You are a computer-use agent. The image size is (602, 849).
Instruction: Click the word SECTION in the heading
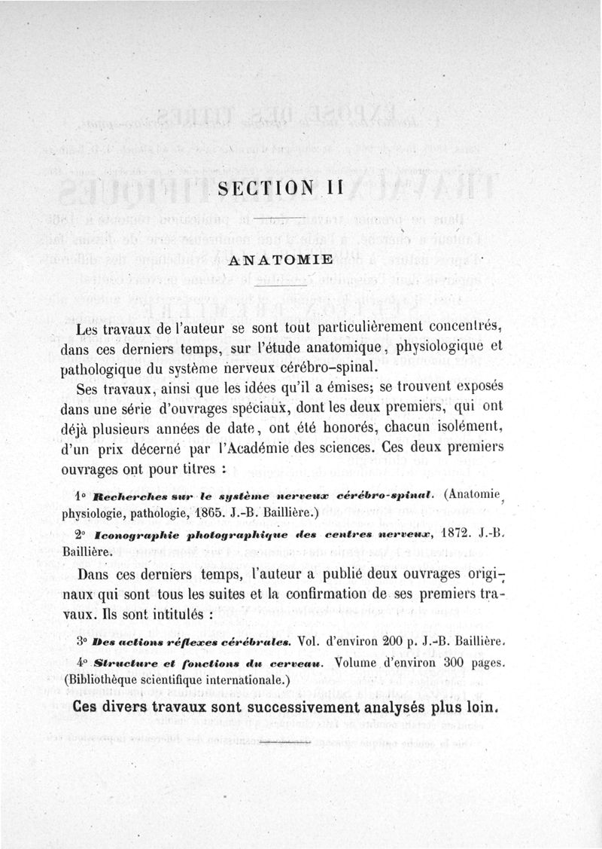[254, 191]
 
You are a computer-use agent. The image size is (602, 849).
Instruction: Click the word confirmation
[341, 594]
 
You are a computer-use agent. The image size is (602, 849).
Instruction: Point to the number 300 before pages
[445, 664]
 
